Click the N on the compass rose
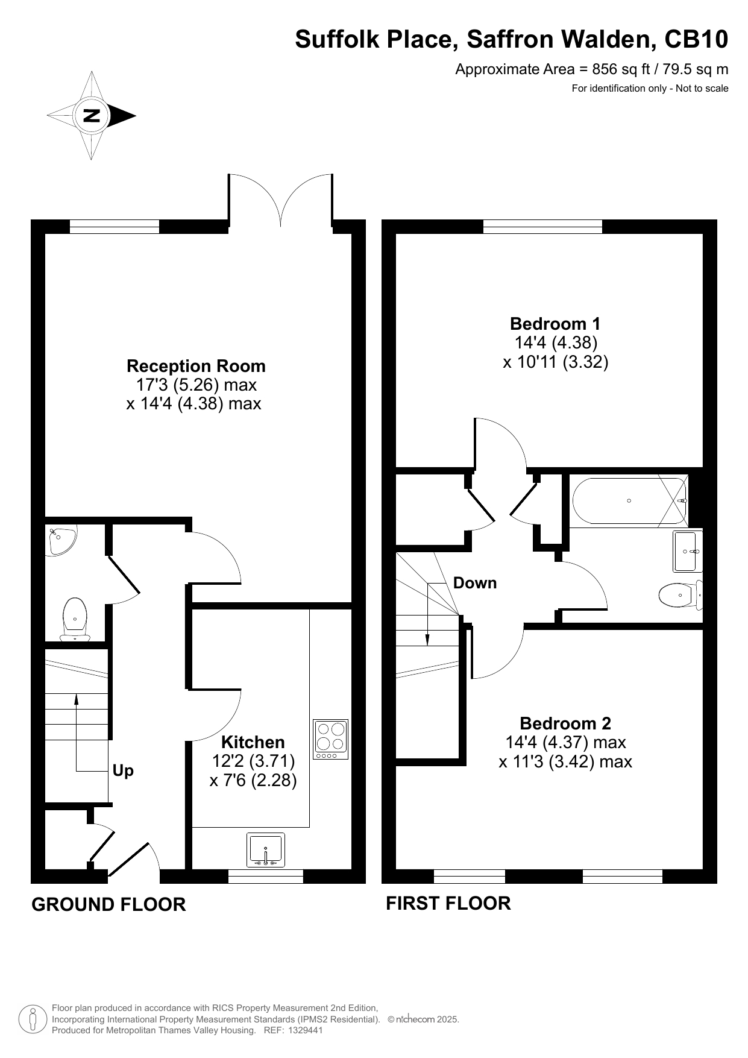pyautogui.click(x=92, y=115)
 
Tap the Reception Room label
pyautogui.click(x=196, y=366)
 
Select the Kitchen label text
pyautogui.click(x=253, y=742)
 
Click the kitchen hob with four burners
pyautogui.click(x=331, y=740)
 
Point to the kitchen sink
pyautogui.click(x=266, y=850)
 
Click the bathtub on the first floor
pyautogui.click(x=629, y=501)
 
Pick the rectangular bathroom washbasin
pyautogui.click(x=688, y=551)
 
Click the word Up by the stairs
pyautogui.click(x=124, y=771)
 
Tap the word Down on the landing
pyautogui.click(x=475, y=583)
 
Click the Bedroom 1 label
pyautogui.click(x=555, y=324)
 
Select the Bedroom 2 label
pyautogui.click(x=565, y=723)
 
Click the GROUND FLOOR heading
pyautogui.click(x=108, y=904)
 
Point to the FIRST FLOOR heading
pyautogui.click(x=448, y=903)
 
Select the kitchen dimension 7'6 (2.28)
pyautogui.click(x=253, y=781)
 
